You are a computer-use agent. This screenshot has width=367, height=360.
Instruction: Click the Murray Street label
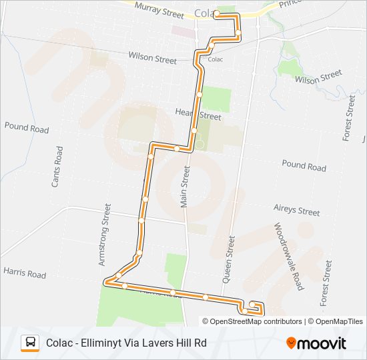[x=158, y=9]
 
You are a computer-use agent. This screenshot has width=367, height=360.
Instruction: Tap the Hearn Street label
[x=198, y=115]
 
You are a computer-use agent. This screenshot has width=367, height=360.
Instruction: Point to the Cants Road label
[x=58, y=166]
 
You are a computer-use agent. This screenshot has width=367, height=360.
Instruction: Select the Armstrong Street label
[x=104, y=235]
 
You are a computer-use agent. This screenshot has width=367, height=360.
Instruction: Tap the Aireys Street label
[x=297, y=210]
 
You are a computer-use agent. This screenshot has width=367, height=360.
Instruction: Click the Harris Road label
[x=25, y=274]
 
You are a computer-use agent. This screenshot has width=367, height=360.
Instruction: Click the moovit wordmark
[x=322, y=343]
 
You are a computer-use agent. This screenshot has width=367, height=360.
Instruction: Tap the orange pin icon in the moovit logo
[x=291, y=343]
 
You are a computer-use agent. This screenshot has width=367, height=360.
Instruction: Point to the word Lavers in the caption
[x=155, y=343]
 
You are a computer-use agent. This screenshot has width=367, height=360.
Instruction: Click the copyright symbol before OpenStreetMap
[x=206, y=321]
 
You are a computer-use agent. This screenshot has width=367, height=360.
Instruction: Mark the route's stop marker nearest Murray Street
[x=217, y=13]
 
